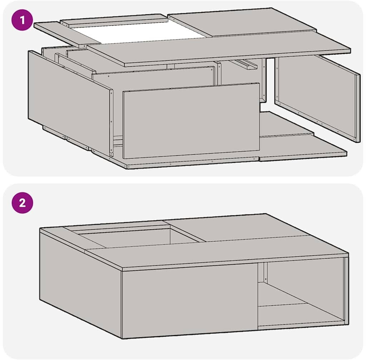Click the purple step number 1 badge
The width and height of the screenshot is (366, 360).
(x=22, y=20)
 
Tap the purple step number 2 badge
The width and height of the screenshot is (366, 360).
(x=22, y=202)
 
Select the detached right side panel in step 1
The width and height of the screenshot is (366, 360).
(x=317, y=98)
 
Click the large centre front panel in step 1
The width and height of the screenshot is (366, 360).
(x=191, y=121)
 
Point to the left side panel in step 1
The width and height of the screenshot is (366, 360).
(x=70, y=102)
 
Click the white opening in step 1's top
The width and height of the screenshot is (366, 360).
(x=138, y=33)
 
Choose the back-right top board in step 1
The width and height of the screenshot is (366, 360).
(x=242, y=22)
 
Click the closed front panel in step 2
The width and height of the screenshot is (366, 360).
(x=189, y=301)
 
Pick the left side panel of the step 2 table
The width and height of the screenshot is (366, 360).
(x=80, y=283)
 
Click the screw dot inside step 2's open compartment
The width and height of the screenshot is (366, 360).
(x=266, y=279)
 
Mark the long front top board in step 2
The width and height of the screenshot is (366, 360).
(x=217, y=253)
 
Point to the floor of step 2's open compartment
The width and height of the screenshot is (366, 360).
(x=301, y=314)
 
